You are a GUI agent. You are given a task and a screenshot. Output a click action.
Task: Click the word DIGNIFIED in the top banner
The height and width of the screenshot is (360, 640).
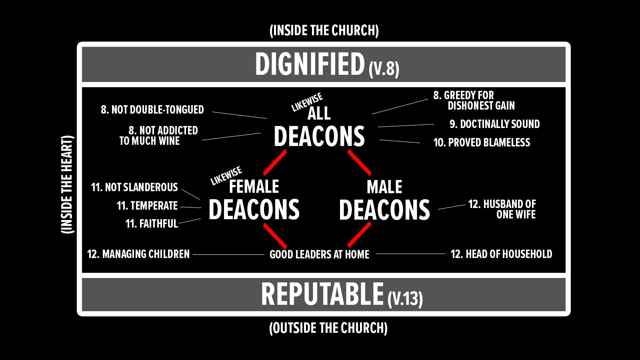(310, 64)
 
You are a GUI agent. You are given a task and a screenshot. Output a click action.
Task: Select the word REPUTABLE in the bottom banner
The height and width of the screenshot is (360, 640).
(322, 294)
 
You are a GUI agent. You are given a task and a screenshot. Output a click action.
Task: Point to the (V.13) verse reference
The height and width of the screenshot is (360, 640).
(405, 298)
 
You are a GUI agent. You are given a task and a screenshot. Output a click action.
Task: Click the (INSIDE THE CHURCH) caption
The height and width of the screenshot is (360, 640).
(324, 30)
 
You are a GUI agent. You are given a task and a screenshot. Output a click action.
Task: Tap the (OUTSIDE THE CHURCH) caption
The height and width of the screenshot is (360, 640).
(328, 328)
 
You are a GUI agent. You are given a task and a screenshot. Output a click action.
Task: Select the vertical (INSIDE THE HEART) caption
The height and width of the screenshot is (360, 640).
(67, 184)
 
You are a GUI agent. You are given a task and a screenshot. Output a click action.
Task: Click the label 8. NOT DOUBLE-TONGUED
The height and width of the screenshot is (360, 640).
(152, 110)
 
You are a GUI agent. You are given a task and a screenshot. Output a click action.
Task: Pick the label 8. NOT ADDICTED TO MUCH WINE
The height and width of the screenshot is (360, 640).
(159, 136)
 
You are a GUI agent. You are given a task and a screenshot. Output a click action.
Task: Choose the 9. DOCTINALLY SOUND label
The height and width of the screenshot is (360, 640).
(494, 124)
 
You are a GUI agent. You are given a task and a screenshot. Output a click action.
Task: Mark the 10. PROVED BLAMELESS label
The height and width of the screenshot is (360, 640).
(482, 142)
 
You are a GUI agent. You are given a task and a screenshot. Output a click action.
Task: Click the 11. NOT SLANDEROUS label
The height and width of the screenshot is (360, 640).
(134, 187)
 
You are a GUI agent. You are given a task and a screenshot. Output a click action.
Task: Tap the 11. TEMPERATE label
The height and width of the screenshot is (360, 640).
(147, 206)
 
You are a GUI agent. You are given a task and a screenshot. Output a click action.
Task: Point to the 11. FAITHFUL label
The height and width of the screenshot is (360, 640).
(151, 224)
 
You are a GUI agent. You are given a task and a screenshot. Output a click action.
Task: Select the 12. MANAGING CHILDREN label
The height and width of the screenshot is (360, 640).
(138, 254)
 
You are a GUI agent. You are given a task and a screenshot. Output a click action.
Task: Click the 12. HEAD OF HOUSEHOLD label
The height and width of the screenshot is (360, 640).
(501, 254)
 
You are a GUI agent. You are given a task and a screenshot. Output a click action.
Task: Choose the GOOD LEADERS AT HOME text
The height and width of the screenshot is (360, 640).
(319, 254)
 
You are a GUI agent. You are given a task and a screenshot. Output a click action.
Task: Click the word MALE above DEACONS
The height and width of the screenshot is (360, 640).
(384, 187)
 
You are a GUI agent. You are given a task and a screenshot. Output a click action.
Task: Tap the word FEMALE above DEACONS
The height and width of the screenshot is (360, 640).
(254, 186)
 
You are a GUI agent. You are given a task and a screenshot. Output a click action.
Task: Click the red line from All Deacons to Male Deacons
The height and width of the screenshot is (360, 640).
(359, 163)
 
